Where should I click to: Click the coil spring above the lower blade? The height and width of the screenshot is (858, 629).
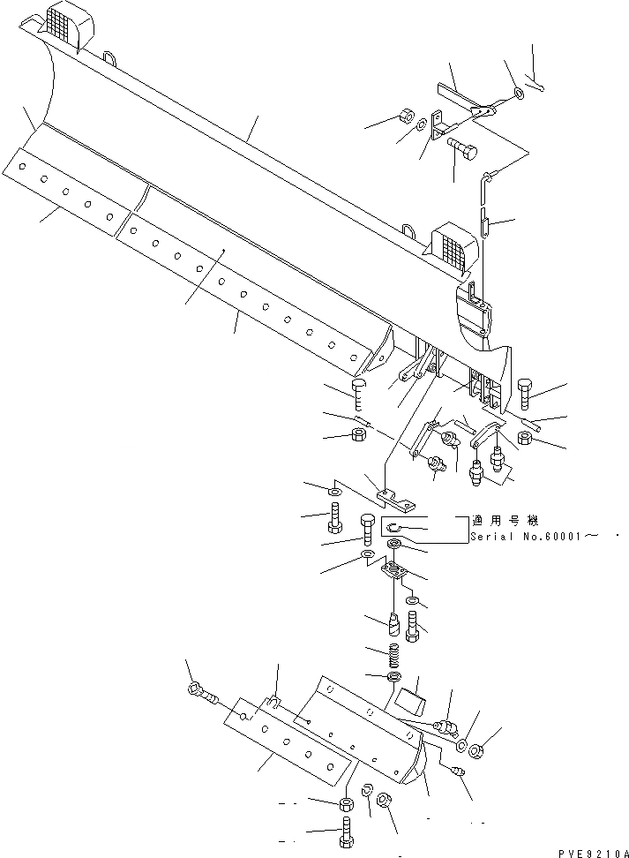pos(396,658)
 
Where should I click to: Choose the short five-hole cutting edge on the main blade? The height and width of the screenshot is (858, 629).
pos(66,189)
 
